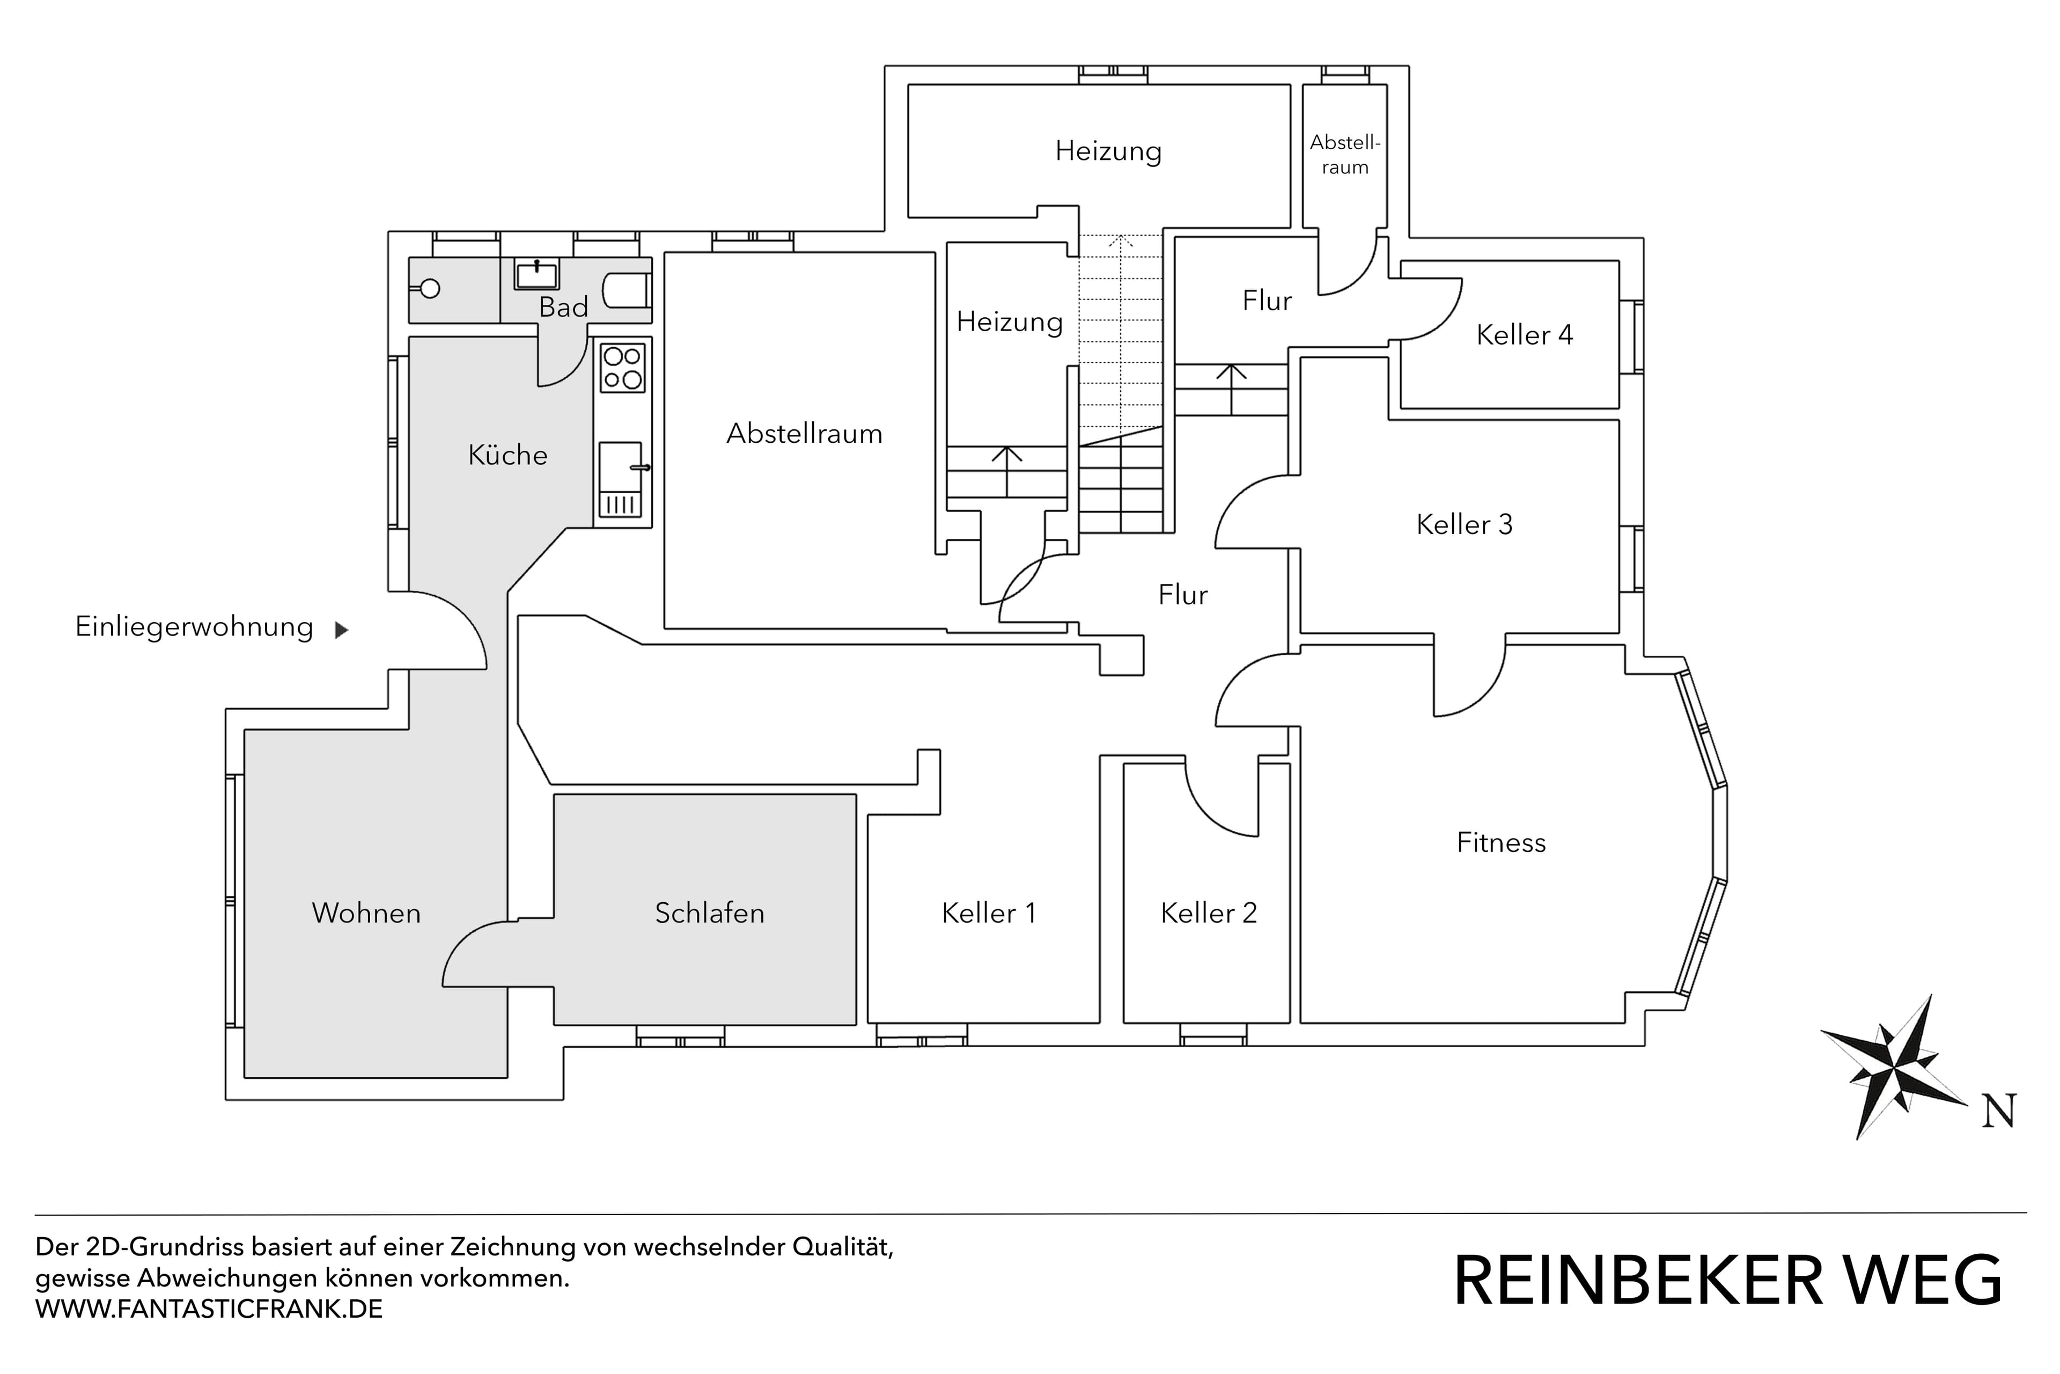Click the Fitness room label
click(x=1500, y=843)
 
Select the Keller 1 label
click(x=989, y=913)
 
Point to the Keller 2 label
click(x=1209, y=913)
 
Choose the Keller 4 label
click(x=1524, y=335)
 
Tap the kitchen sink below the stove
click(x=620, y=478)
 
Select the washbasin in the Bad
click(x=536, y=275)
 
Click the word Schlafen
click(x=709, y=913)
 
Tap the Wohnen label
click(x=366, y=913)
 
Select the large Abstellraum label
click(x=804, y=434)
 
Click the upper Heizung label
click(x=1108, y=151)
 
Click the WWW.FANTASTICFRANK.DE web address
click(x=209, y=1309)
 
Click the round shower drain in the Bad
click(x=430, y=288)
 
